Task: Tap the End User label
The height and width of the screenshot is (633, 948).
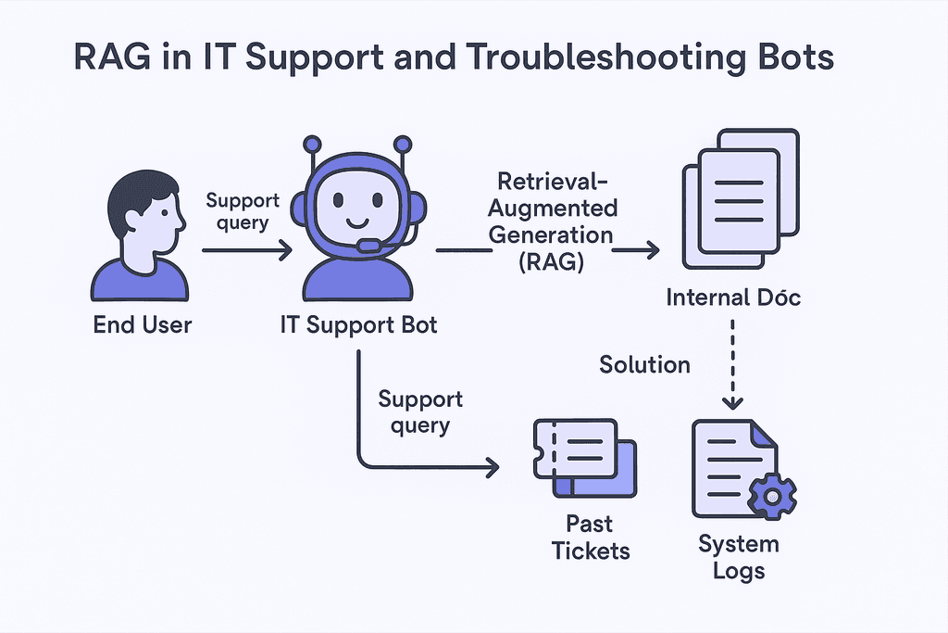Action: pyautogui.click(x=142, y=325)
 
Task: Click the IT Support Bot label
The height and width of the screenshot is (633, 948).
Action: pyautogui.click(x=358, y=325)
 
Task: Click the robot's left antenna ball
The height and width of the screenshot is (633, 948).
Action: pyautogui.click(x=313, y=145)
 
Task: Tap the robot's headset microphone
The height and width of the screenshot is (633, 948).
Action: pyautogui.click(x=368, y=245)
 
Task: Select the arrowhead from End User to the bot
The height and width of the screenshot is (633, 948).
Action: pyautogui.click(x=285, y=249)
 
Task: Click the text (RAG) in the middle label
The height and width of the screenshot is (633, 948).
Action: pyautogui.click(x=551, y=261)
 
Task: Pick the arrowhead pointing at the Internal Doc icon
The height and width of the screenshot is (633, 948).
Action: pyautogui.click(x=653, y=249)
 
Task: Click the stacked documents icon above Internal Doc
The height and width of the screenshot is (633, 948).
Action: pyautogui.click(x=742, y=198)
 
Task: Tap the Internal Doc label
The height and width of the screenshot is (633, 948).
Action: pyautogui.click(x=733, y=298)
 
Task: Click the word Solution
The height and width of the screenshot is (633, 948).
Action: pyautogui.click(x=644, y=364)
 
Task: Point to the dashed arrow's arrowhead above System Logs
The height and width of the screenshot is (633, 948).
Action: pyautogui.click(x=733, y=402)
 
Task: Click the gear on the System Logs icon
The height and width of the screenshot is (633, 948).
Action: pyautogui.click(x=772, y=496)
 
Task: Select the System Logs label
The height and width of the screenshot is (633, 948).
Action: pyautogui.click(x=739, y=557)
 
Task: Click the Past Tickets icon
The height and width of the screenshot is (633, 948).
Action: pyautogui.click(x=585, y=458)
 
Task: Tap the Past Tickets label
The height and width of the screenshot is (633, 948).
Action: pyautogui.click(x=590, y=538)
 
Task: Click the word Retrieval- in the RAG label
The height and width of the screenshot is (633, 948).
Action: pyautogui.click(x=553, y=181)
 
